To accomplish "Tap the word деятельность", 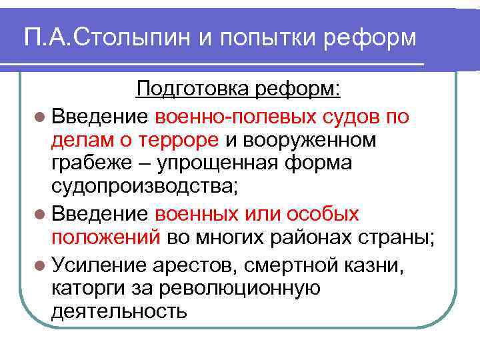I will [x=117, y=311].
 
